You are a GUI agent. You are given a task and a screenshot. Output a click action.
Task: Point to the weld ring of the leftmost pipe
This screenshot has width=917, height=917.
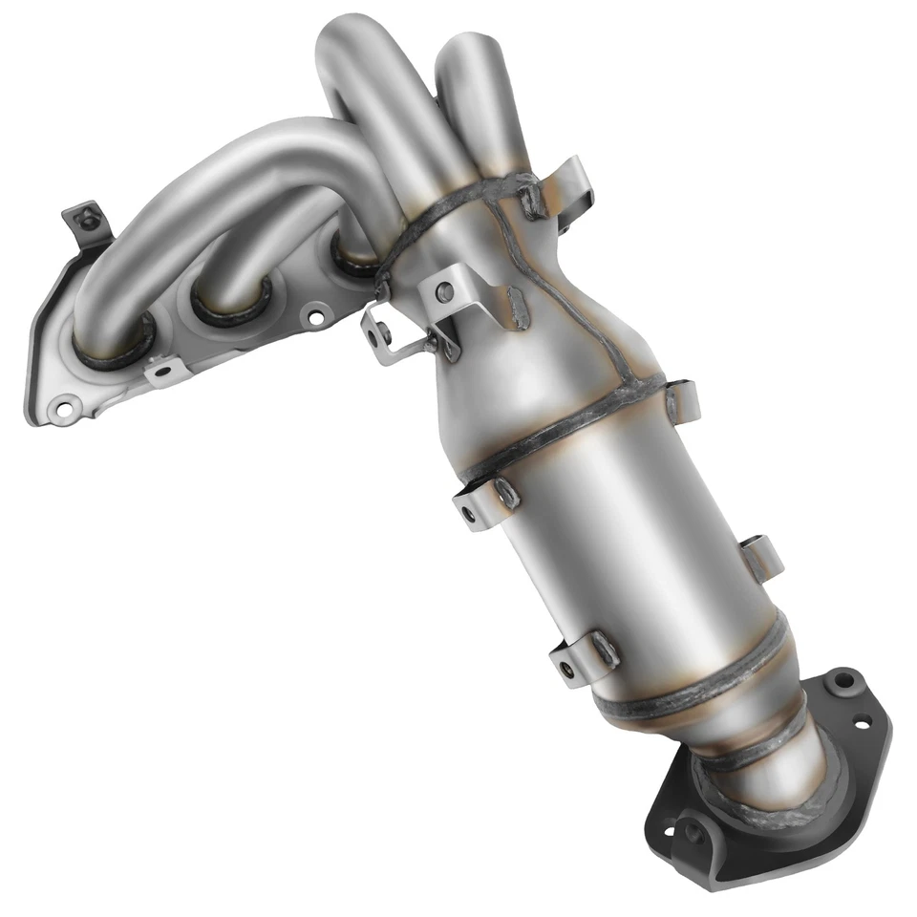114,349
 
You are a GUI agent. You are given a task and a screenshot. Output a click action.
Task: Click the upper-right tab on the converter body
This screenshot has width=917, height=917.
683,399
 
